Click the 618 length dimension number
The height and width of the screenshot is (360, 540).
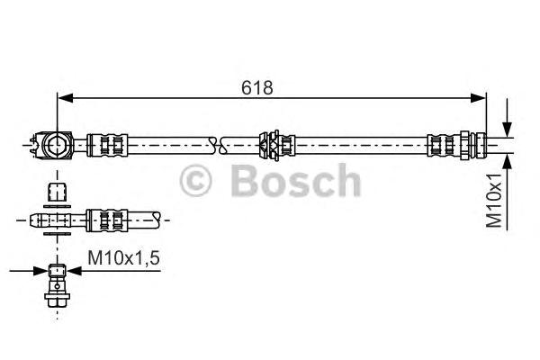coord(256,87)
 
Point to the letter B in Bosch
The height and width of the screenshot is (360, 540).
coord(246,183)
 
